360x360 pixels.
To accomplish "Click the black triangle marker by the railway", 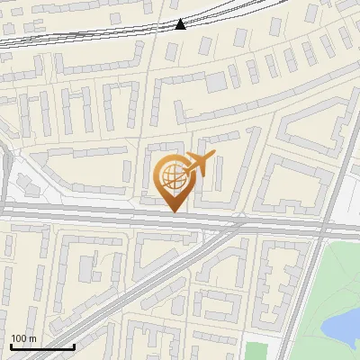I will [180, 24].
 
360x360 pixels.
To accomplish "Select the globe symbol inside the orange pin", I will [172, 175].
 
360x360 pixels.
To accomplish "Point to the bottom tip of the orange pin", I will [174, 211].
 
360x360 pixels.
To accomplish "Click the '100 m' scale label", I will [23, 338].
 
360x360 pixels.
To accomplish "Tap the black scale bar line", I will [42, 346].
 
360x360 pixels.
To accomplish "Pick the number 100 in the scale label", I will [19, 338].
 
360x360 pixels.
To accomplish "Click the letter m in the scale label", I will [32, 338].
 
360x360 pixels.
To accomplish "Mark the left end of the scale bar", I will [11, 346].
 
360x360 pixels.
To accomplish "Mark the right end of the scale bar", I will [74, 346].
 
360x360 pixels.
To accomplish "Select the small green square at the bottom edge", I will [256, 351].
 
